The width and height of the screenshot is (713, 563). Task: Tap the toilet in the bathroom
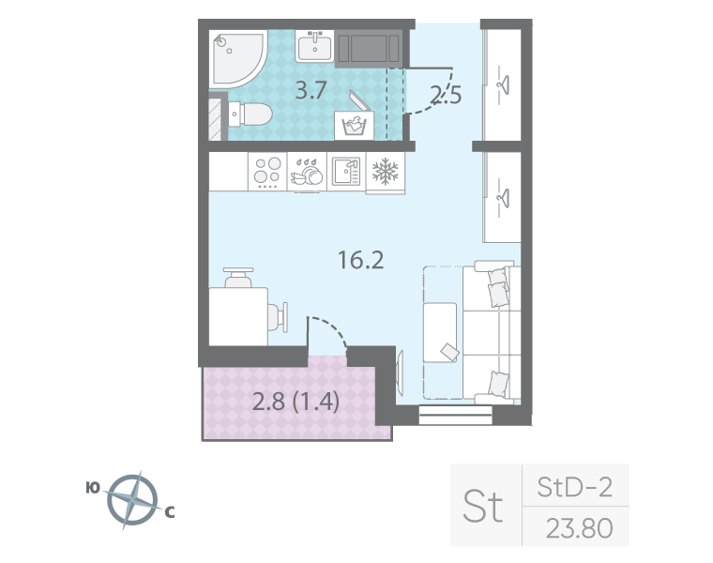[252, 114]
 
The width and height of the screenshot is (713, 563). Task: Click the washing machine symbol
[355, 123]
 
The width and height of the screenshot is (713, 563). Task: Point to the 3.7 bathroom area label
[311, 91]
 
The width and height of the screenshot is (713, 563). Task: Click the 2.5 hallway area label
[446, 95]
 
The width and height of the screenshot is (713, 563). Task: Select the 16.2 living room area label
[360, 259]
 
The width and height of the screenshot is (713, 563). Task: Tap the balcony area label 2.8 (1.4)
[296, 403]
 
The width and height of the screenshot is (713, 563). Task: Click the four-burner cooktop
[266, 171]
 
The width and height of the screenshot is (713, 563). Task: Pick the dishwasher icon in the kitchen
[306, 172]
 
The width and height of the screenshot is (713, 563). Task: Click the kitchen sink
[345, 171]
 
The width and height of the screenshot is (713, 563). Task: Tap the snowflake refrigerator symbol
[386, 172]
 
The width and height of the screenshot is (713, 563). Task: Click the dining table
[237, 315]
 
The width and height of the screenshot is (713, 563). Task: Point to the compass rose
[131, 499]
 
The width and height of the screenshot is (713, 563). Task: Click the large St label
[484, 507]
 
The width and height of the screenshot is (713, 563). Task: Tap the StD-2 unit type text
[575, 487]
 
